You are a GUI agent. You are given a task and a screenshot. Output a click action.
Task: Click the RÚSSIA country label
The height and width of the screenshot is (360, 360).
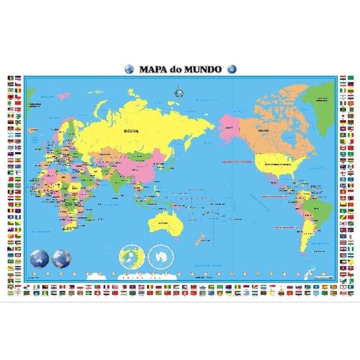click(x=132, y=131)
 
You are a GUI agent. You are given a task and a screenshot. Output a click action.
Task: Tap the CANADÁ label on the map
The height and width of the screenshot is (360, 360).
click(x=263, y=130)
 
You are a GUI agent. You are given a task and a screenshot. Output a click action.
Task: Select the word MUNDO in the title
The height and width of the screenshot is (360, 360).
click(x=204, y=69)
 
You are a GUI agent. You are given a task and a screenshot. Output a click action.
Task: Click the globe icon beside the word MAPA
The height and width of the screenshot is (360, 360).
click(x=129, y=69)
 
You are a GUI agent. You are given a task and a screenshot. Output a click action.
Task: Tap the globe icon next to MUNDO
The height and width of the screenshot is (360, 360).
click(x=232, y=69)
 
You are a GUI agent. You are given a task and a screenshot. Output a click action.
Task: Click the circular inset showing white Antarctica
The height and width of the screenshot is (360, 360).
click(x=161, y=257)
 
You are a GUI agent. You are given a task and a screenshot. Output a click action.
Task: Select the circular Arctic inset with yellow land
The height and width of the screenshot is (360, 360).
click(x=132, y=257)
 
